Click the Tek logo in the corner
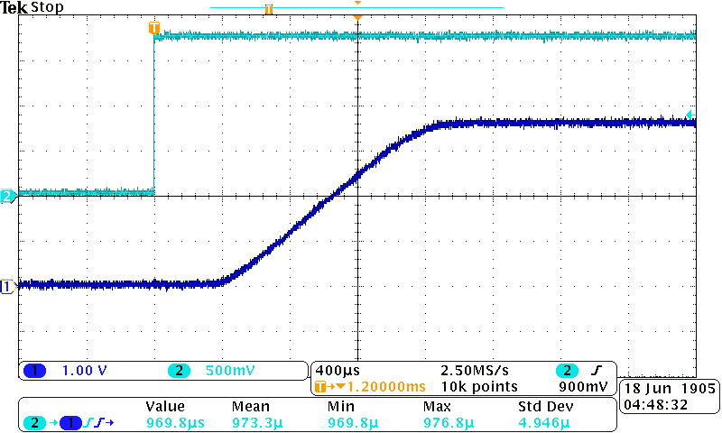point(14,8)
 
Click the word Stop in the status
point(46,8)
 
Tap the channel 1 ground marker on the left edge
point(8,286)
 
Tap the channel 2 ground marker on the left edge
point(8,196)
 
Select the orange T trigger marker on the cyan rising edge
point(154,28)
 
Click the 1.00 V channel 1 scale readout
point(85,371)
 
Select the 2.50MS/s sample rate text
point(475,371)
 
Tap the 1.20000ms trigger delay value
point(380,386)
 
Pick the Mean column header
point(250,407)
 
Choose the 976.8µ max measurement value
point(445,422)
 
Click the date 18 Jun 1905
point(670,387)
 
